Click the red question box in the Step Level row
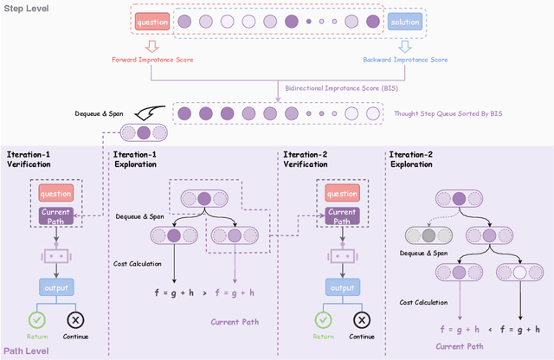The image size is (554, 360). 152,22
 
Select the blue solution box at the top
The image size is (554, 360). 404,22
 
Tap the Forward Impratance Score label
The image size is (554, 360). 152,60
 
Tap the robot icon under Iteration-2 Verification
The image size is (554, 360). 341,255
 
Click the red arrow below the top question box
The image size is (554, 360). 152,44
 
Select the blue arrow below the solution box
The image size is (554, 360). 404,44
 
